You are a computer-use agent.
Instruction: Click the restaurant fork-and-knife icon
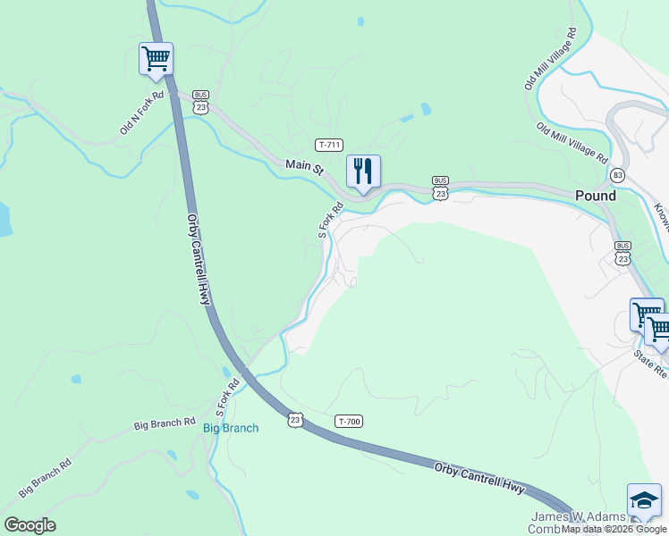click(x=363, y=171)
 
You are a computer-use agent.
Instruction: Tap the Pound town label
click(x=595, y=196)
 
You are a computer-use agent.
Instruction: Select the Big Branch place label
click(x=231, y=428)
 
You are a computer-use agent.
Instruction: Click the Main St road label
click(x=303, y=166)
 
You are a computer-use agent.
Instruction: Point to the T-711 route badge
click(x=329, y=144)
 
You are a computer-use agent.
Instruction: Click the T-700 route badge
click(x=349, y=421)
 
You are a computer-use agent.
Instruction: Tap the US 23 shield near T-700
click(x=296, y=419)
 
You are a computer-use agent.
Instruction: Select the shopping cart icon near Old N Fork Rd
click(x=156, y=59)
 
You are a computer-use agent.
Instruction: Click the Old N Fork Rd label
click(x=143, y=113)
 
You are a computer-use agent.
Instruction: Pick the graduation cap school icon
click(x=644, y=500)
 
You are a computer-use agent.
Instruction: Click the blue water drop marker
click(x=361, y=21)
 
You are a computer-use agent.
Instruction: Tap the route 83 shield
click(x=617, y=175)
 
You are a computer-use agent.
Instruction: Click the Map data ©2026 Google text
click(x=614, y=529)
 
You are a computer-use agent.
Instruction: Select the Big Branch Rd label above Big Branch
click(x=165, y=422)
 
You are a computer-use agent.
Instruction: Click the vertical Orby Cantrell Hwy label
click(x=198, y=259)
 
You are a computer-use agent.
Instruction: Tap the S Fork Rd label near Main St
click(x=331, y=221)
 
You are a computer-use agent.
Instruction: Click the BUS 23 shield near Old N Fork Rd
click(x=200, y=102)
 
